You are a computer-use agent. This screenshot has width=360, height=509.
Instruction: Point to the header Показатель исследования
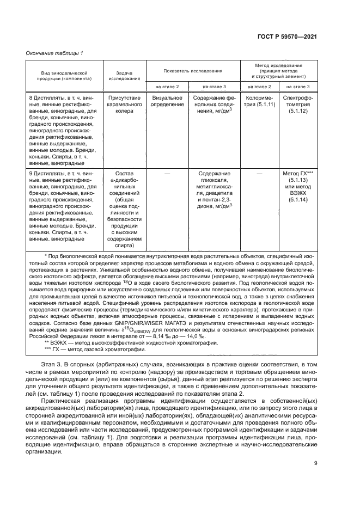(x=193, y=71)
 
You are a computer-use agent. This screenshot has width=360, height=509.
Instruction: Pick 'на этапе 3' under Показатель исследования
(x=214, y=86)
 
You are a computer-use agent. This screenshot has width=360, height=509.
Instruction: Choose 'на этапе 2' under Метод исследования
(x=259, y=86)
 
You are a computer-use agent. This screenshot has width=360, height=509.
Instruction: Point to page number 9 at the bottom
(x=315, y=463)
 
